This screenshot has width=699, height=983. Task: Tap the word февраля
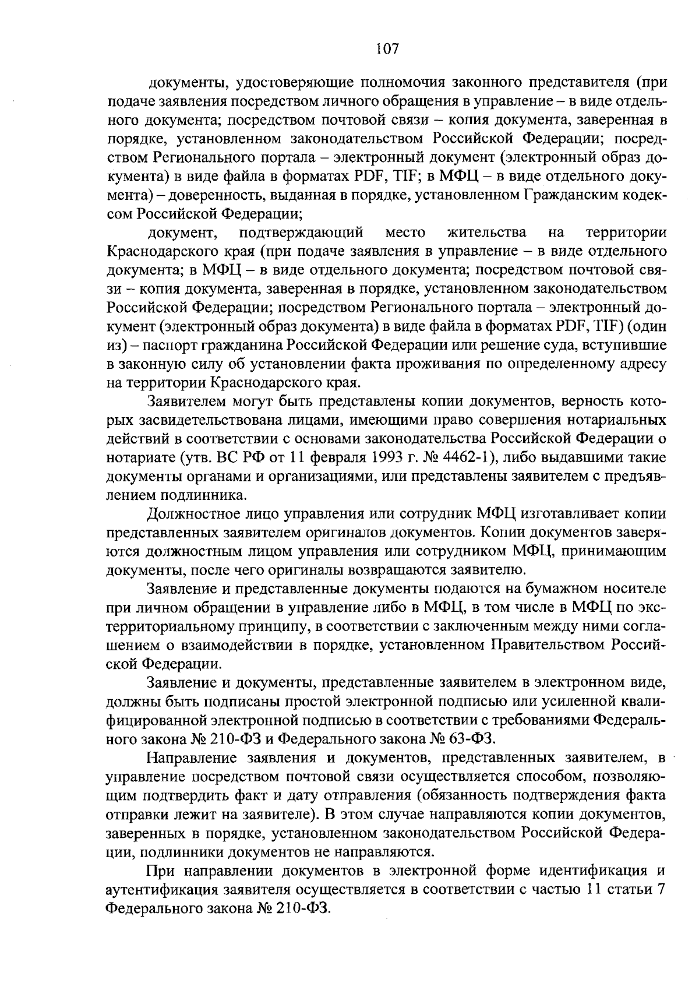click(x=331, y=457)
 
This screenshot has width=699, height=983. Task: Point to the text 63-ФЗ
click(x=472, y=739)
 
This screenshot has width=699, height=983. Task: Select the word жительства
click(x=487, y=233)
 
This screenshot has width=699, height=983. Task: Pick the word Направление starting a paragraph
click(x=192, y=759)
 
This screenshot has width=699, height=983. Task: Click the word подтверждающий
click(x=301, y=233)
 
